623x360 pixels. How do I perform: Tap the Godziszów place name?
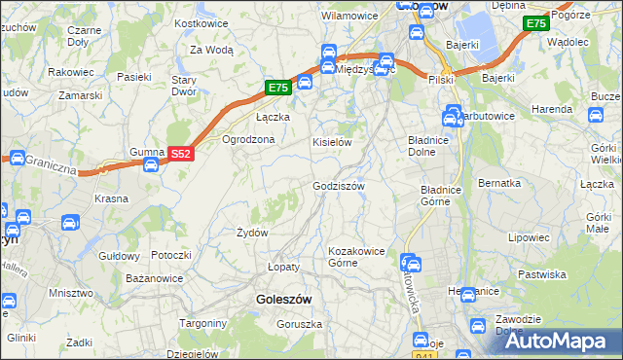pyautogui.click(x=338, y=186)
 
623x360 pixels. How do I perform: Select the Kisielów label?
pyautogui.click(x=331, y=142)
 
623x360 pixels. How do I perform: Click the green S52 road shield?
pyautogui.click(x=181, y=154)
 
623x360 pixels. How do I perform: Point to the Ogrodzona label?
pyautogui.click(x=249, y=139)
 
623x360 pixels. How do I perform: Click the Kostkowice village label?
pyautogui.click(x=202, y=21)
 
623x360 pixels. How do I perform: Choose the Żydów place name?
pyautogui.click(x=252, y=233)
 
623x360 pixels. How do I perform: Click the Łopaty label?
pyautogui.click(x=283, y=266)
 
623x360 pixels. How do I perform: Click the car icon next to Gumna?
pyautogui.click(x=151, y=164)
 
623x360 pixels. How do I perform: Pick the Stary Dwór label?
pyautogui.click(x=184, y=86)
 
